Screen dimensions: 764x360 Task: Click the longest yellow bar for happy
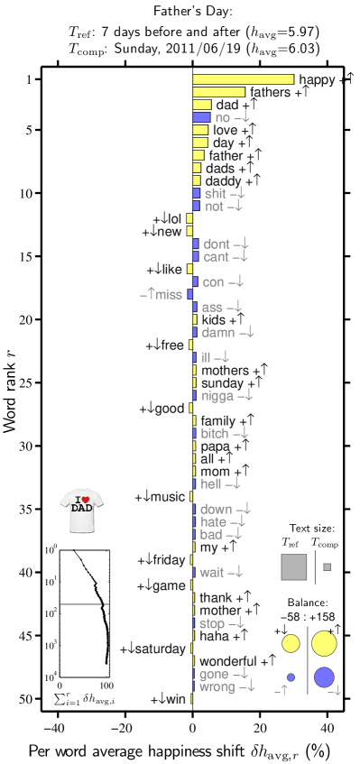tap(243, 79)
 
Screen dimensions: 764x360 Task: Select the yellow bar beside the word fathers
tap(218, 92)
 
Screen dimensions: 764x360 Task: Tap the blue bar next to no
tap(201, 117)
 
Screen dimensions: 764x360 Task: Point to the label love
tap(225, 131)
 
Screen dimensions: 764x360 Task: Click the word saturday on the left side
tap(161, 649)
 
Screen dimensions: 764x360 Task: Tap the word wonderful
tap(227, 662)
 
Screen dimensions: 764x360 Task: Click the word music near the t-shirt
tap(167, 497)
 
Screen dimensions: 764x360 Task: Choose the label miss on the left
tap(169, 295)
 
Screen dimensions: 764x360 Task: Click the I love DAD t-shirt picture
tap(81, 511)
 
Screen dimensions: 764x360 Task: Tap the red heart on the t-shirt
tap(84, 499)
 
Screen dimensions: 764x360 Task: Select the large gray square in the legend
tap(294, 567)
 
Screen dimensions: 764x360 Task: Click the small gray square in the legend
tap(327, 567)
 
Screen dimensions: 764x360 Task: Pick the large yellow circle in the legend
tap(324, 643)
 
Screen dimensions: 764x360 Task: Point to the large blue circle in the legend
tap(324, 677)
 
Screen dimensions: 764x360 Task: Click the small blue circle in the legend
tap(291, 677)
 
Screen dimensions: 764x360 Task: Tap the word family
tap(217, 421)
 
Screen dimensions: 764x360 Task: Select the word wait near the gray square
tap(211, 573)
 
